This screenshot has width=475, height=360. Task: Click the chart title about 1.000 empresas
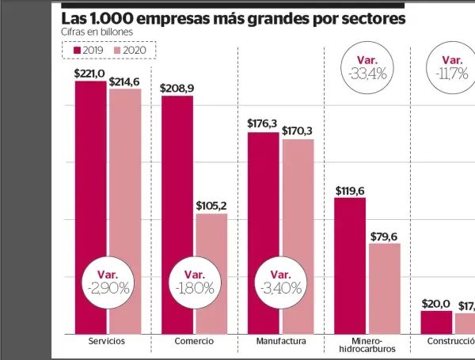[234, 17]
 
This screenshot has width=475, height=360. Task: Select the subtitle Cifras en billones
[97, 32]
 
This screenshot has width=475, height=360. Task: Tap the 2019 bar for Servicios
[90, 207]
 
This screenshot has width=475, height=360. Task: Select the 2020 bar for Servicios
[125, 210]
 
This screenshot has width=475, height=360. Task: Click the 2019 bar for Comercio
[177, 214]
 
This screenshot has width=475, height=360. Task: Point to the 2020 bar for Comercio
[211, 273]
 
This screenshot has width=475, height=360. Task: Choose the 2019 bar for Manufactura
[263, 233]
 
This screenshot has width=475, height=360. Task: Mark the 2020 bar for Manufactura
[298, 236]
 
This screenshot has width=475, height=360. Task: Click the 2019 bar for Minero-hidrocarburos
[349, 265]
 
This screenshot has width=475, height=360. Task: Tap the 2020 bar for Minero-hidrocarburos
[385, 288]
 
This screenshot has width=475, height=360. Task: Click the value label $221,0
[89, 73]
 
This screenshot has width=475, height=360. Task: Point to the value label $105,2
[211, 206]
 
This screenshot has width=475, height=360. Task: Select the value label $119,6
[350, 190]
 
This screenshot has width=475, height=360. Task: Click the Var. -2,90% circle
[108, 281]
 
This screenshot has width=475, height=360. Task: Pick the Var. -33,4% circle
[367, 68]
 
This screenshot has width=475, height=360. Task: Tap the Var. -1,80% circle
[194, 281]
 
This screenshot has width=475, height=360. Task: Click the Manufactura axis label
[281, 341]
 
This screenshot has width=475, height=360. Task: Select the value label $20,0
[436, 303]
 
